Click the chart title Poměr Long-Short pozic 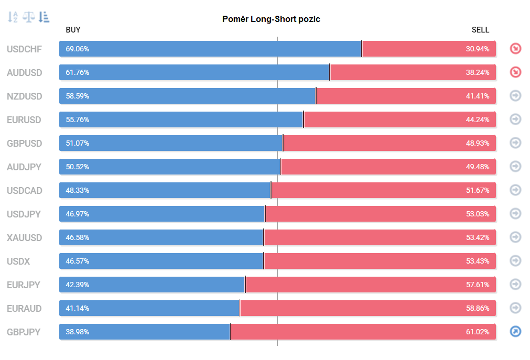(271, 19)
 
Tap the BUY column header (73, 30)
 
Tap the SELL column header (480, 30)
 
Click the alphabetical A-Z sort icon (13, 17)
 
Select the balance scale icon (29, 17)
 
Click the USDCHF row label (24, 49)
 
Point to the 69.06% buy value (78, 49)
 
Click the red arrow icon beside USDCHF (515, 49)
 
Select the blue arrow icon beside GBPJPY (515, 332)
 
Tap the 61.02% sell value (478, 332)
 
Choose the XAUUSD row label (24, 237)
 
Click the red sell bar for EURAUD (368, 308)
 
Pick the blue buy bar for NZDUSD (188, 96)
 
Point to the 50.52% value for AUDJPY (78, 167)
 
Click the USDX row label (18, 261)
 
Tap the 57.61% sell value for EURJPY (478, 285)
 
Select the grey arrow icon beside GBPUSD (515, 143)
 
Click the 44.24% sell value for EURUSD (478, 119)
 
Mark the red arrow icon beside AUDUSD (515, 72)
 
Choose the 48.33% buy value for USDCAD (78, 190)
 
